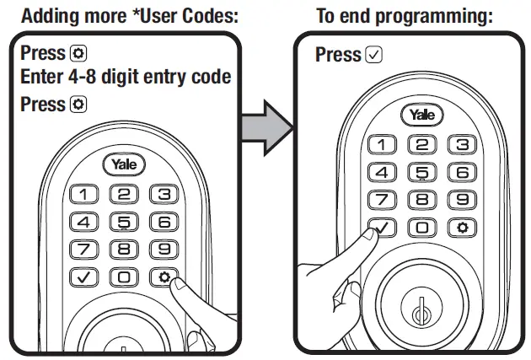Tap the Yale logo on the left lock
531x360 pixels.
tap(124, 165)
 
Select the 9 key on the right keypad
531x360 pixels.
tap(459, 200)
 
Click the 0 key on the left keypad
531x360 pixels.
tap(124, 277)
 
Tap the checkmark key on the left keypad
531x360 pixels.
tap(83, 277)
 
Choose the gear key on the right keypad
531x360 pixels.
tap(459, 228)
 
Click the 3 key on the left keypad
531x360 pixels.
tap(164, 196)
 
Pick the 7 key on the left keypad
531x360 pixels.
tap(83, 250)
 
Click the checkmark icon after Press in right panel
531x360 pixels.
tap(375, 55)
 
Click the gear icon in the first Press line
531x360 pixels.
tap(80, 53)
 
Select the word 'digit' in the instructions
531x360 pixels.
tap(124, 78)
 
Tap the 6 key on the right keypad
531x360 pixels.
tap(459, 173)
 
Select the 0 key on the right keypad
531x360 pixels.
tap(420, 228)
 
